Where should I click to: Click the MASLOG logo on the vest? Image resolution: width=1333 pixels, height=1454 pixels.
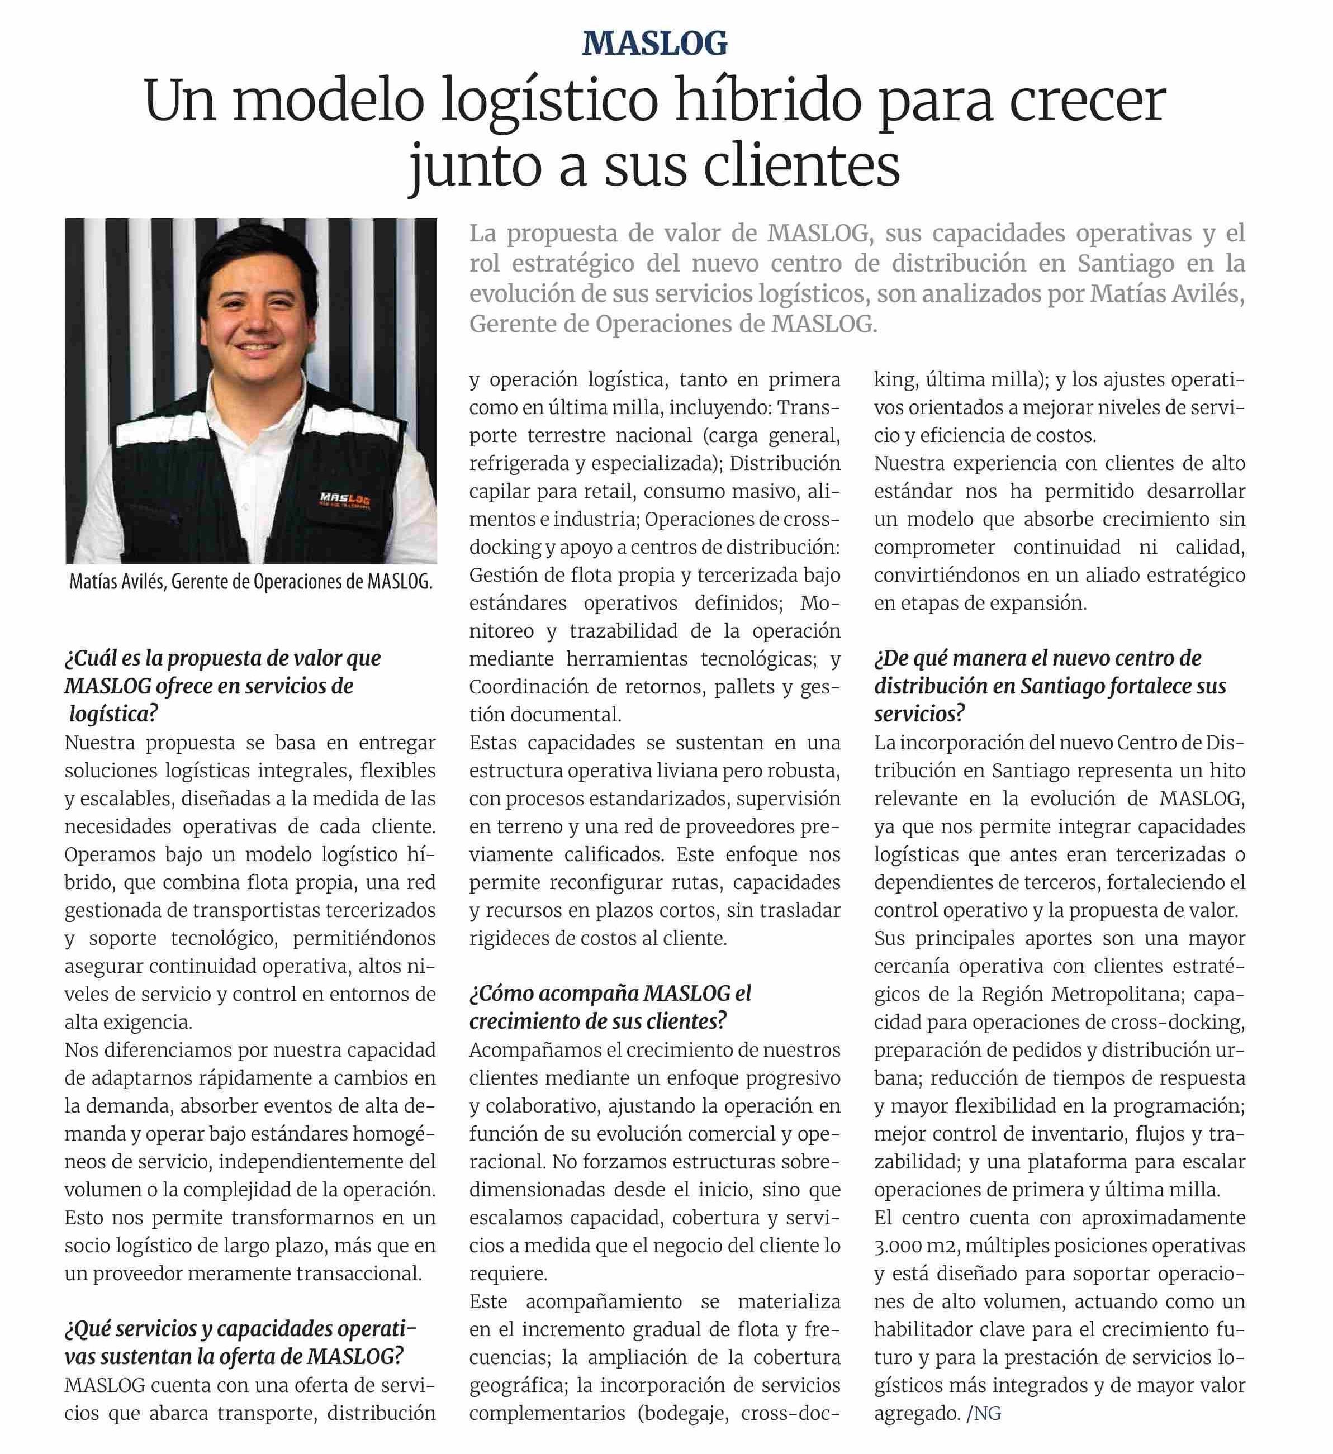[345, 499]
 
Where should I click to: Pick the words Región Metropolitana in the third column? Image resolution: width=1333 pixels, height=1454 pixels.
[1082, 994]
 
